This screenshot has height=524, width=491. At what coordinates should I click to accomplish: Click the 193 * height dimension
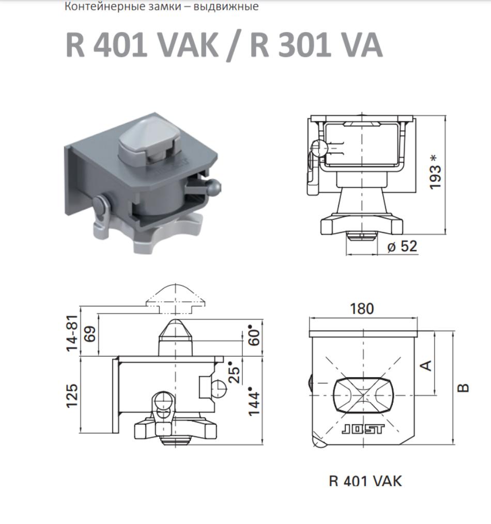435,172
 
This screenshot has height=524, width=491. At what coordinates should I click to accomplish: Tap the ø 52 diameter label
402,246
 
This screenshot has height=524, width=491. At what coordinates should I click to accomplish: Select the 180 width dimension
362,309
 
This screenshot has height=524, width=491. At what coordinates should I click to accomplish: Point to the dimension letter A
426,365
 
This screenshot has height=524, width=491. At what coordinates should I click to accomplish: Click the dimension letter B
463,388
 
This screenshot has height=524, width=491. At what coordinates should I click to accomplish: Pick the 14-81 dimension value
72,333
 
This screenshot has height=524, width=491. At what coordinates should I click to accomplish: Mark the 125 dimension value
72,396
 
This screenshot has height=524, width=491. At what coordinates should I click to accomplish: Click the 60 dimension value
255,337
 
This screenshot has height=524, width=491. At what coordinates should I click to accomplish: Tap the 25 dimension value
235,372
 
